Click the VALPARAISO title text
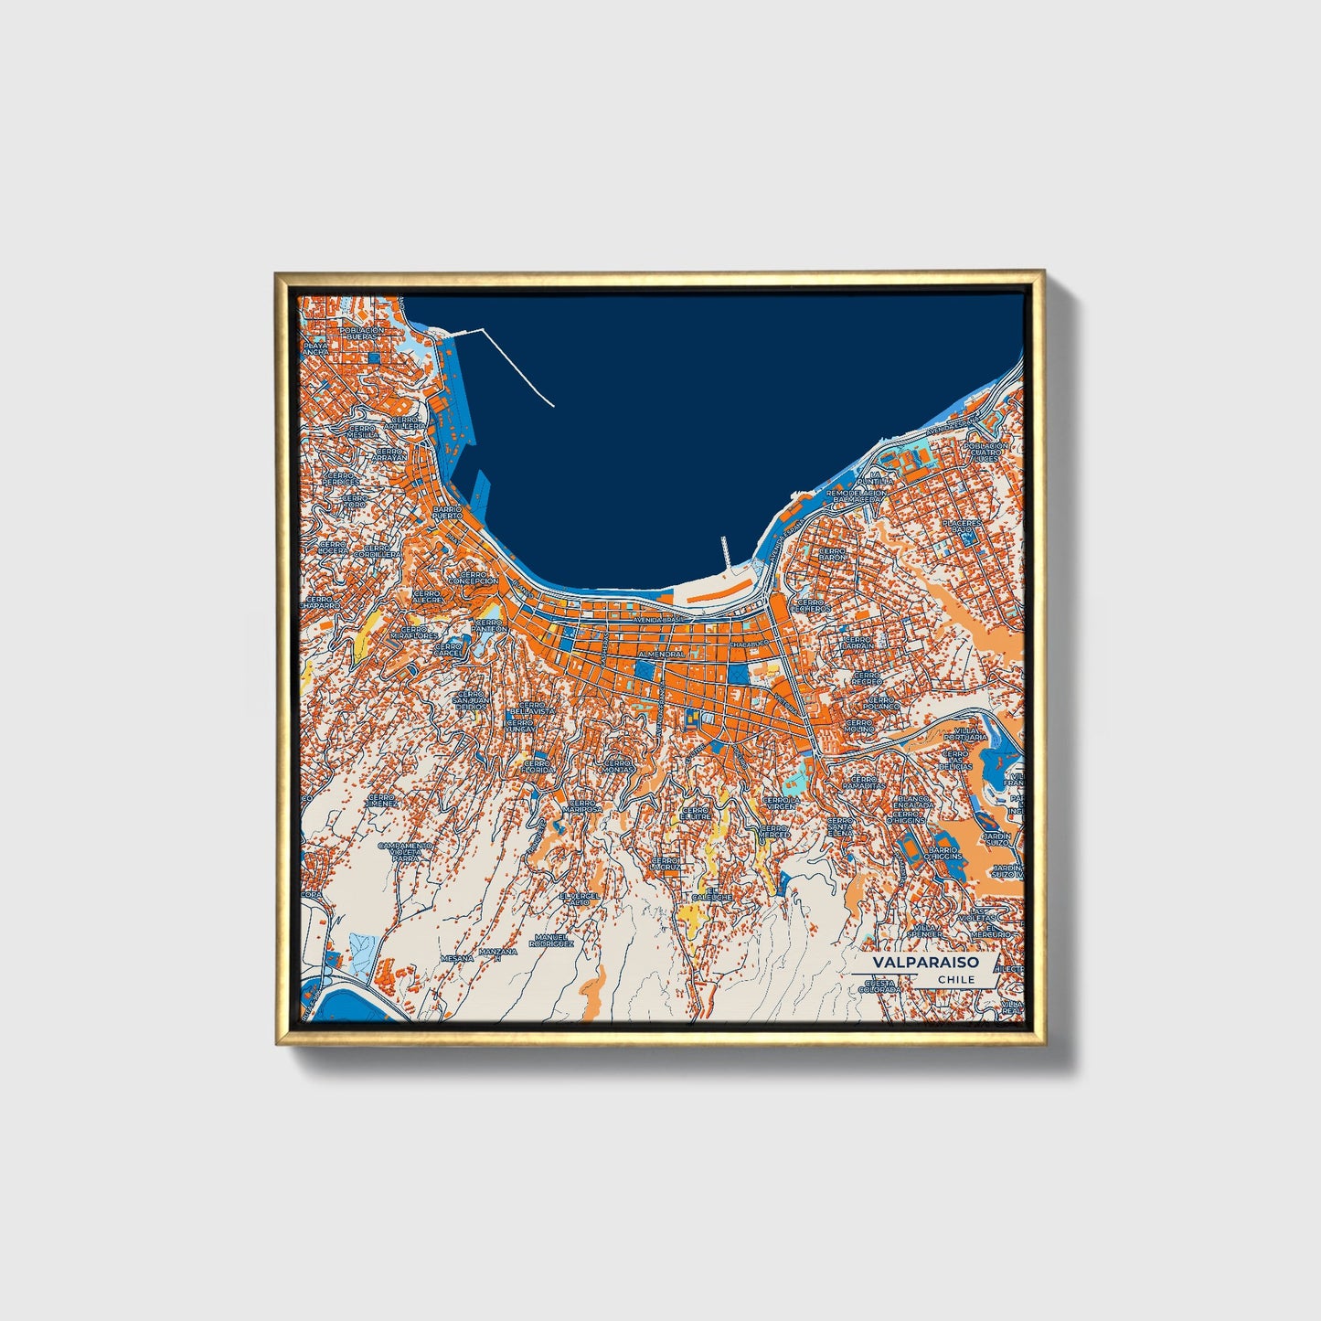[924, 963]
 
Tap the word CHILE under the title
[956, 979]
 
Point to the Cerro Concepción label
[473, 578]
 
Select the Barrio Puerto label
[447, 512]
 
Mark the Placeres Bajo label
[962, 527]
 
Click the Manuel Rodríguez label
[553, 940]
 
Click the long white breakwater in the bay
[517, 366]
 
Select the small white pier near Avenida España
[726, 552]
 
